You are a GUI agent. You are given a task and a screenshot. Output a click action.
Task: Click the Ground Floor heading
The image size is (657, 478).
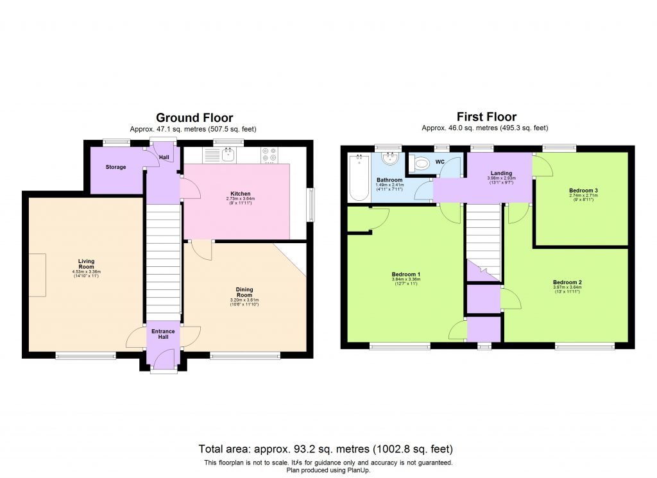(194, 117)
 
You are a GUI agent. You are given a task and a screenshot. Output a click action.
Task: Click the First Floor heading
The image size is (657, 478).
(486, 116)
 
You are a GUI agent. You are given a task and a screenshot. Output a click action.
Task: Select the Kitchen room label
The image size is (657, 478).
(241, 194)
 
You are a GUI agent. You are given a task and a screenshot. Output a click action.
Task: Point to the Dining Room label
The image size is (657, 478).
(244, 292)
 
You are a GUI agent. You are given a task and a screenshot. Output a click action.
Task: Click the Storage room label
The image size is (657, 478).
(116, 167)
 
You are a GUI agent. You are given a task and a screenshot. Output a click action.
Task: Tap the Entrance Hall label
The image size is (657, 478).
(163, 335)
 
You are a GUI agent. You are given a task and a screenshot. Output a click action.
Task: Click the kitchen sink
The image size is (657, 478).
(227, 154)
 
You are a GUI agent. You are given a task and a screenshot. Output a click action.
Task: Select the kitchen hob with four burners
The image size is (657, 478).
(269, 155)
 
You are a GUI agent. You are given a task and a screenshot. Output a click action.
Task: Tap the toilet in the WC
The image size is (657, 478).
(421, 164)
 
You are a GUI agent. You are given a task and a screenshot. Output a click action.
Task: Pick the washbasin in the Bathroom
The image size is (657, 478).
(389, 158)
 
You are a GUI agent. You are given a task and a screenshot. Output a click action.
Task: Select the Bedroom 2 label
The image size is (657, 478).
(567, 282)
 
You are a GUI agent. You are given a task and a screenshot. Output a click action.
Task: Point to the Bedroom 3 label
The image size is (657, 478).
(583, 191)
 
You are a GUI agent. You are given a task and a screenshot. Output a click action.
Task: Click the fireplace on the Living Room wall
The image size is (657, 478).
(37, 275)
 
